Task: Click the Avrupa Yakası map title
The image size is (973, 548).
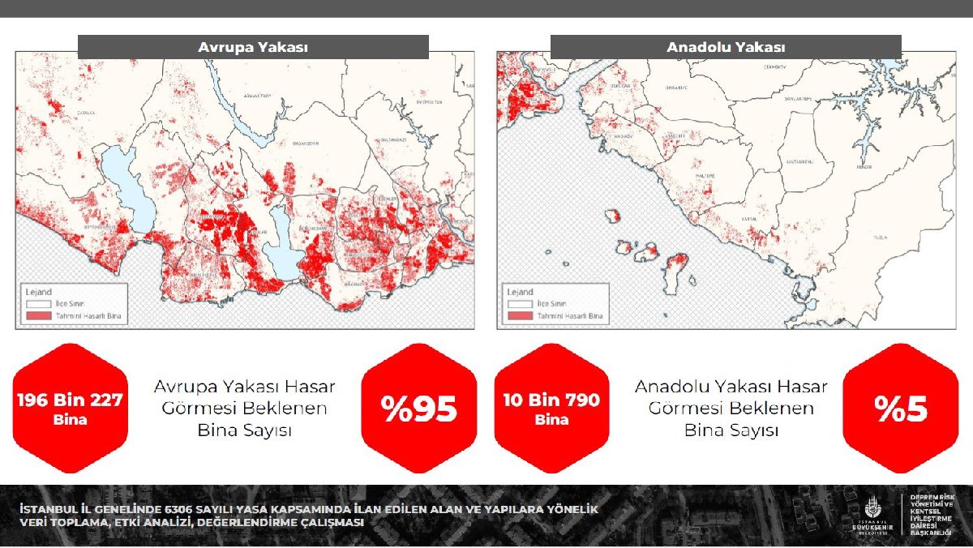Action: (253, 48)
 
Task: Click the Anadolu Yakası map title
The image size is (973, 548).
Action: (726, 48)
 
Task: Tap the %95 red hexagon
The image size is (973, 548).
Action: (419, 409)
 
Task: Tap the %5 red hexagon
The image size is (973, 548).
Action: (901, 409)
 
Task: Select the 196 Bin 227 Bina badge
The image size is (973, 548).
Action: (70, 409)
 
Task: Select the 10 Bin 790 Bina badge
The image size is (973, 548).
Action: (551, 409)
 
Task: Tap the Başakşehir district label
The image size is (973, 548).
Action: (306, 143)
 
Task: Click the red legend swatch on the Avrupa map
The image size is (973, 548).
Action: (36, 316)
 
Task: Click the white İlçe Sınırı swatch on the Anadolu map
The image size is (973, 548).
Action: (519, 304)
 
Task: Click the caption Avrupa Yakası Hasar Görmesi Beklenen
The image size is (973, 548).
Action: (244, 397)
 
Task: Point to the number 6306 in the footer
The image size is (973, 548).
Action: (182, 510)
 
